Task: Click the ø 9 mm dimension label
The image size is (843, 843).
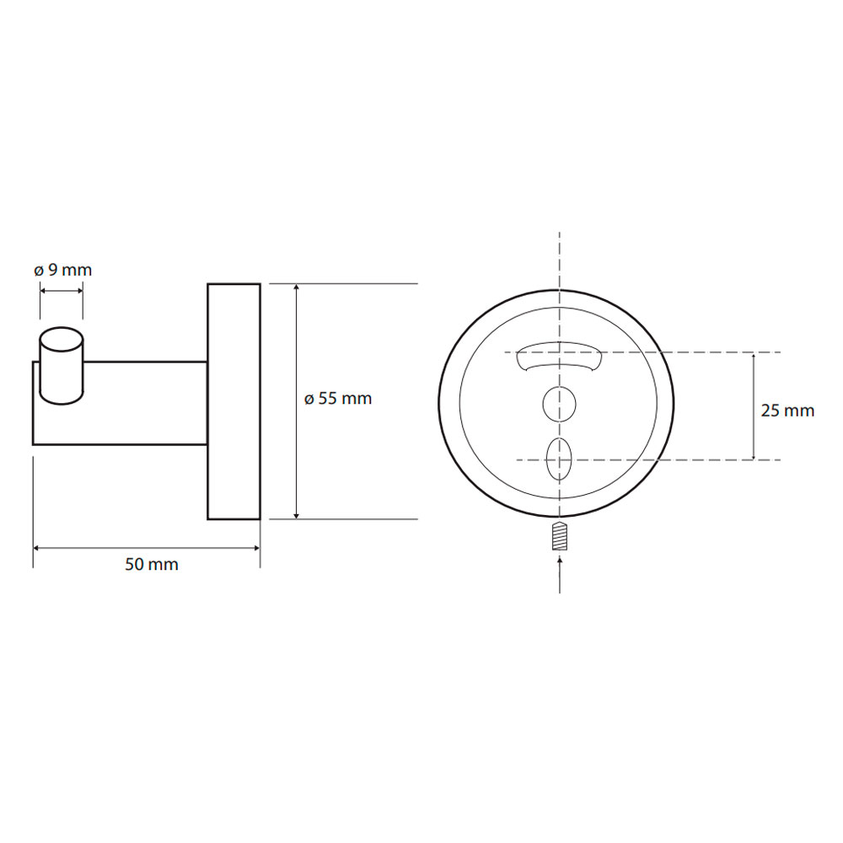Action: [x=63, y=270]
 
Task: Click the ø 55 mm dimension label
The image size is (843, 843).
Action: [x=338, y=399]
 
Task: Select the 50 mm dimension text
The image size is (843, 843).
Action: [x=152, y=565]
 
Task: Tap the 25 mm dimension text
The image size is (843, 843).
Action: [x=787, y=411]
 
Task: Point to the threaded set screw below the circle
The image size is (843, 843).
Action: [x=560, y=536]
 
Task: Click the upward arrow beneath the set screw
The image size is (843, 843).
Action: [x=560, y=575]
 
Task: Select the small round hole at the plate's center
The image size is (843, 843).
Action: [x=559, y=403]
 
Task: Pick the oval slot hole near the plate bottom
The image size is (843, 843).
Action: [x=559, y=459]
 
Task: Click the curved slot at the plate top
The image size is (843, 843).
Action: [x=559, y=356]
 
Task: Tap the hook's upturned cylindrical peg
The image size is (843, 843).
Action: [x=62, y=366]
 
